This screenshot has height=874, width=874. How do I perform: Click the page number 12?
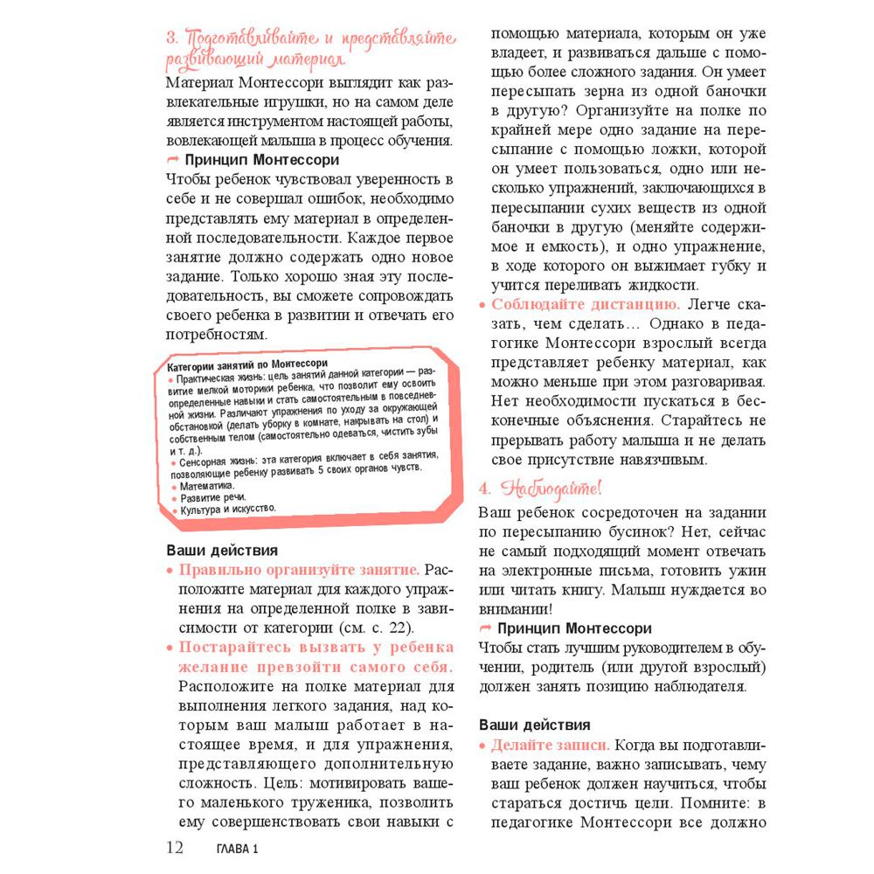click(175, 847)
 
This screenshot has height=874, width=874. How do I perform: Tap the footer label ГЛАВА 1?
click(238, 849)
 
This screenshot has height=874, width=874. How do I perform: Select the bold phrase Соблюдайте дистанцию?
click(586, 304)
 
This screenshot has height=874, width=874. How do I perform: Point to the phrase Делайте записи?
click(550, 746)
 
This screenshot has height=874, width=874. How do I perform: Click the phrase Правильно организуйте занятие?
click(299, 570)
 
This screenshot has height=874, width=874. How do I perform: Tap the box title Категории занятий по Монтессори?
click(247, 363)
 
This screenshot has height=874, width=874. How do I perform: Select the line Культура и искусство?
click(228, 509)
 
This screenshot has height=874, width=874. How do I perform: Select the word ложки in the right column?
click(676, 149)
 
